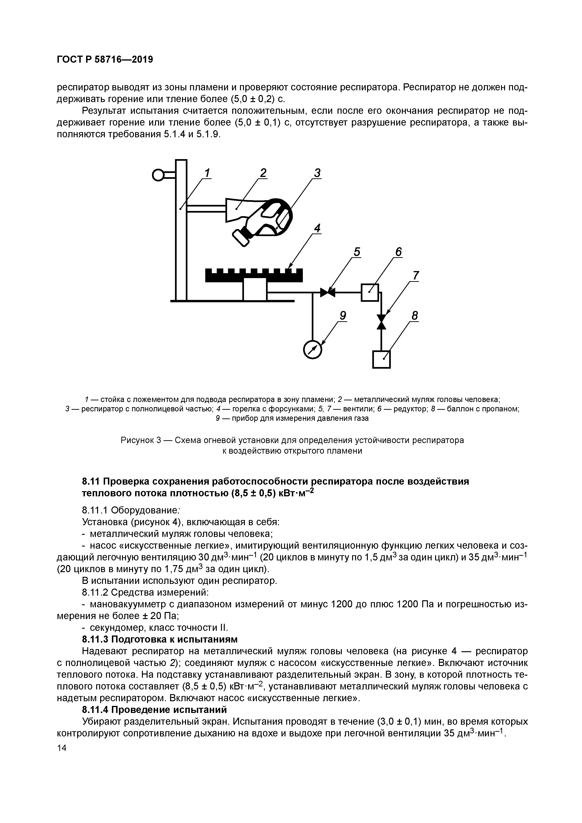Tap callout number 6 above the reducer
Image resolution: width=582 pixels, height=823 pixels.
tap(399, 252)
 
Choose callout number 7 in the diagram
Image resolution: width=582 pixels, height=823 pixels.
tap(415, 276)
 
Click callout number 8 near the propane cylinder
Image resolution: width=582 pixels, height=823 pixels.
tap(415, 316)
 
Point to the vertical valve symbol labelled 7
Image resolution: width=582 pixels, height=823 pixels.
tap(381, 322)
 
